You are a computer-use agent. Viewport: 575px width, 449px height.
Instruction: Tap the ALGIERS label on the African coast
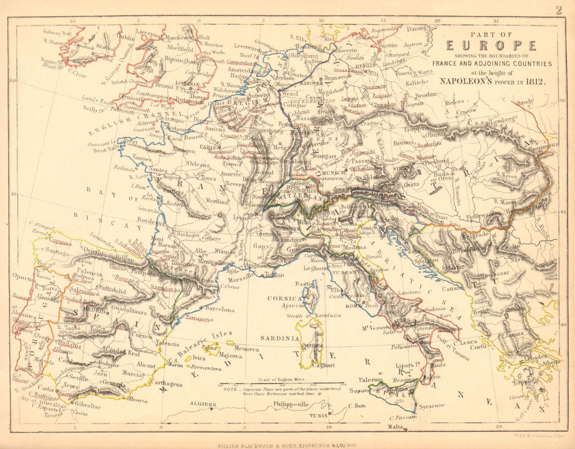[x=203, y=404]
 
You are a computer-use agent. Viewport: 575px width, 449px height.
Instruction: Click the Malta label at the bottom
[x=395, y=427]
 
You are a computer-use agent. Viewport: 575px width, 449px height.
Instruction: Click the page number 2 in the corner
[x=558, y=9]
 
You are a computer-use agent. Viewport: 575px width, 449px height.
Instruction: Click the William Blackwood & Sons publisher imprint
[x=287, y=444]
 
